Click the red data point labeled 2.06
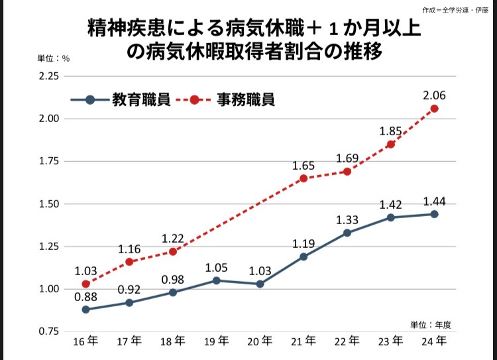pyautogui.click(x=435, y=108)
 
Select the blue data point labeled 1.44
pyautogui.click(x=435, y=214)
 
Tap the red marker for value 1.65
pyautogui.click(x=304, y=178)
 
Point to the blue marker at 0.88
pyautogui.click(x=86, y=310)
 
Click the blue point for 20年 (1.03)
pyautogui.click(x=260, y=284)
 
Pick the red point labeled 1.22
pyautogui.click(x=173, y=251)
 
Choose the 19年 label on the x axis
pyautogui.click(x=216, y=341)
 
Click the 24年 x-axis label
pyautogui.click(x=435, y=341)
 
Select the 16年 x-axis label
pyautogui.click(x=86, y=341)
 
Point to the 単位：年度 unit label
pyautogui.click(x=430, y=324)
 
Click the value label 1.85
pyautogui.click(x=391, y=131)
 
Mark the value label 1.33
pyautogui.click(x=347, y=219)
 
